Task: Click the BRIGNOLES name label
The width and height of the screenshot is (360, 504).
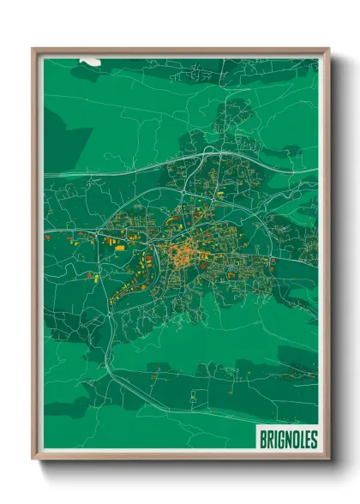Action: pos(287,440)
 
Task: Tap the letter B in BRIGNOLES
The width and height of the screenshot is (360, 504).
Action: pos(262,440)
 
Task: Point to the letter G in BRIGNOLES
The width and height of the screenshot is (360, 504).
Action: pos(280,440)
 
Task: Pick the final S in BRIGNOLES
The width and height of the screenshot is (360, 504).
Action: pos(314,440)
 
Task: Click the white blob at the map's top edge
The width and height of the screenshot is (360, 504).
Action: pos(90,62)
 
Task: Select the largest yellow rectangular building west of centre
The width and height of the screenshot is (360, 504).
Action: pos(119,247)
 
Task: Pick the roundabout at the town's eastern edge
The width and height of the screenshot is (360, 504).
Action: pos(273,260)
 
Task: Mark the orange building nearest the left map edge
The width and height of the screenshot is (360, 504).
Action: pos(48,237)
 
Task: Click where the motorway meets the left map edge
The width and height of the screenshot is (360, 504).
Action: pos(45,175)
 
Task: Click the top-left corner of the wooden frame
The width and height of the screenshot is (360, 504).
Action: pos(33,49)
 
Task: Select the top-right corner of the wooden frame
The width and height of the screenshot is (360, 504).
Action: pos(328,49)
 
